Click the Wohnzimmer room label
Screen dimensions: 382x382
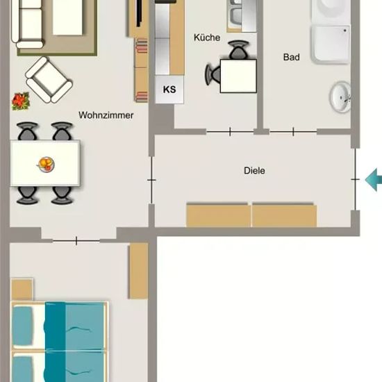click(x=106, y=115)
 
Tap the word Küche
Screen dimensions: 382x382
click(x=207, y=38)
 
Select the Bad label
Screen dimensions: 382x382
click(x=292, y=57)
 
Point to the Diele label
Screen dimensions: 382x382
click(x=254, y=171)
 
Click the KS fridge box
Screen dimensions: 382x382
click(x=169, y=90)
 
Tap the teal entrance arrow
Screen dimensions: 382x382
click(x=374, y=180)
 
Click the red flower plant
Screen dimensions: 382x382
click(x=21, y=101)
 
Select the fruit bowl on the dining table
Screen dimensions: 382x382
click(x=46, y=165)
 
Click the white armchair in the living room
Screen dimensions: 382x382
click(x=49, y=80)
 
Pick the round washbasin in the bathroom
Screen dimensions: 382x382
click(x=340, y=97)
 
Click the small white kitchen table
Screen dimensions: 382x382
click(x=238, y=76)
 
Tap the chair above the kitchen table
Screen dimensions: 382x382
click(x=238, y=50)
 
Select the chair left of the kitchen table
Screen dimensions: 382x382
click(x=213, y=74)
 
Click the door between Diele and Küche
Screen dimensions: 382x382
click(x=230, y=131)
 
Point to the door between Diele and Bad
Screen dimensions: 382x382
click(x=293, y=131)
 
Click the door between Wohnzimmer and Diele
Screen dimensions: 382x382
click(x=151, y=180)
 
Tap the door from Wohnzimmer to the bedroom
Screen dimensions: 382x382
click(x=76, y=241)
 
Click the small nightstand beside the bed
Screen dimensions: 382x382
click(x=22, y=289)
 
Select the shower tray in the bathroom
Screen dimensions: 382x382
click(x=331, y=44)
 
